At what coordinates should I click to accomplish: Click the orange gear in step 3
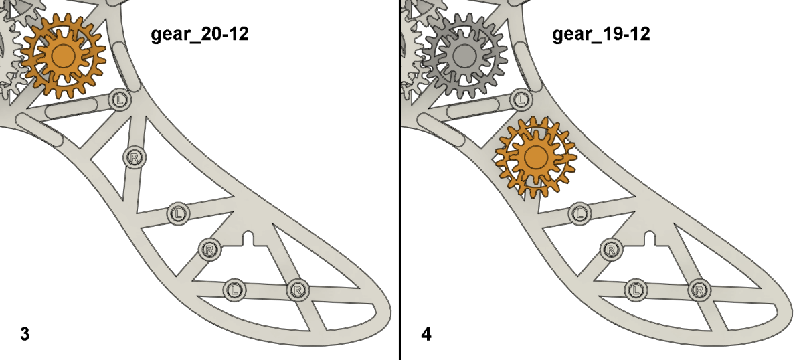click(63, 55)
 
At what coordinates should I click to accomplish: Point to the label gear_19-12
click(601, 34)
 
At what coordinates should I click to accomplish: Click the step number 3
click(25, 333)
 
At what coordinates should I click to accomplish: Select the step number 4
click(426, 333)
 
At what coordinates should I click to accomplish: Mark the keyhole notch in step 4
click(649, 238)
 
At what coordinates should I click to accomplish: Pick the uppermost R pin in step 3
click(135, 158)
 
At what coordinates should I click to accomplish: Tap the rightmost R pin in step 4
click(699, 290)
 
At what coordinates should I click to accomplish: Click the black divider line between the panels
click(400, 180)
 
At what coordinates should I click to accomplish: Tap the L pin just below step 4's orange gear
click(579, 213)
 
